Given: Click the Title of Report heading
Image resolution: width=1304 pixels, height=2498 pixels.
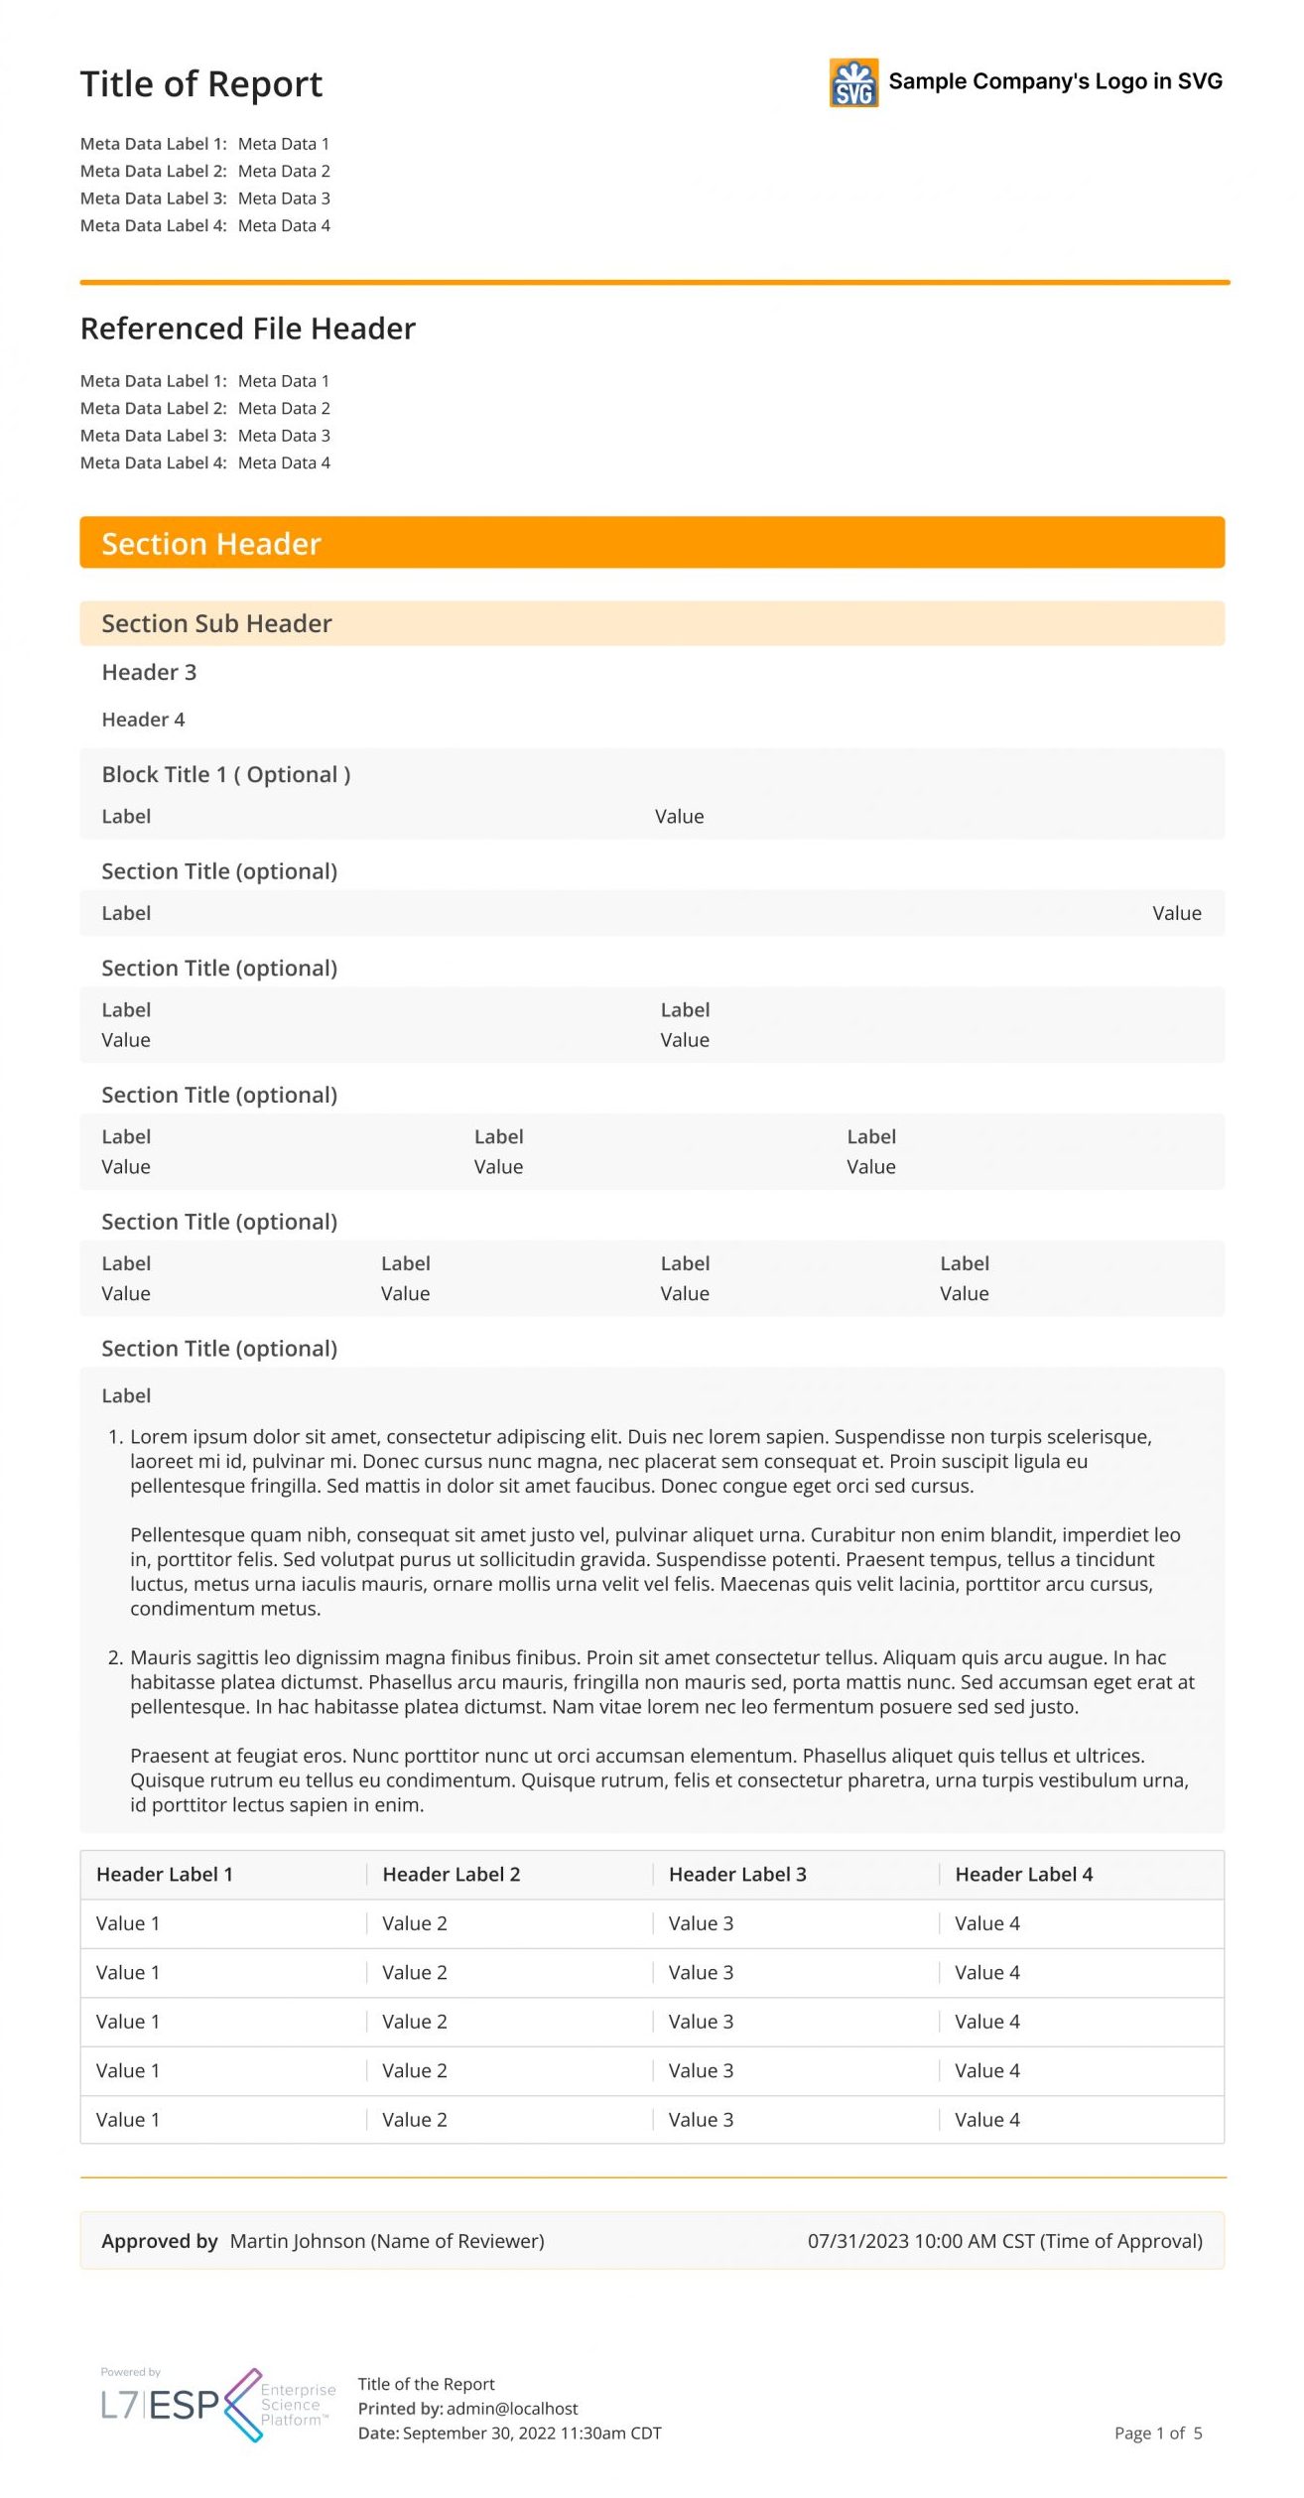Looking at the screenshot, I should coord(200,84).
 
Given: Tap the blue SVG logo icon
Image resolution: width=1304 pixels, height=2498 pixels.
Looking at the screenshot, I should coord(853,82).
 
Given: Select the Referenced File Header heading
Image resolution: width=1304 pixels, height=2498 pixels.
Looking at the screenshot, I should coord(247,329).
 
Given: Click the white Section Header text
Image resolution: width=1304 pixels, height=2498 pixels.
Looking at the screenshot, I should coord(210,544).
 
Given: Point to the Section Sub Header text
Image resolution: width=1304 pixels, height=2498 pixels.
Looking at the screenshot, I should coord(216,623).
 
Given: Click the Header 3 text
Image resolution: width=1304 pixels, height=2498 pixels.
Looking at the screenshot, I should coord(149,672).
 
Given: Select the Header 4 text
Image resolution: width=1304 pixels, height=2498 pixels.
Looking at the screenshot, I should coord(143,720).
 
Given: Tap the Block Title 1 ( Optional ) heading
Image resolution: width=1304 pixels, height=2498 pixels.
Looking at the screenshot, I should coord(225,774).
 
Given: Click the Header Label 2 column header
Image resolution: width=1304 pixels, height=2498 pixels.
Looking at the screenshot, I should coord(451,1874).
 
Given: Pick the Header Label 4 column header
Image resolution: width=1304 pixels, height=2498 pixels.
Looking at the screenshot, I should coord(1023,1874).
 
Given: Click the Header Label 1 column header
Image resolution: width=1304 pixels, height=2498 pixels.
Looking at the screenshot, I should coord(164,1874).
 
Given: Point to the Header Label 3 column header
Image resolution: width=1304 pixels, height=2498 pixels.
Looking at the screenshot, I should coord(737,1874).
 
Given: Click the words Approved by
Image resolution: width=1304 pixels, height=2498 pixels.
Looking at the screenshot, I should coord(159,2241).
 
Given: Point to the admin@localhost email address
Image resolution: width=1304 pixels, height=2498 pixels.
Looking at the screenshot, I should coord(512,2409).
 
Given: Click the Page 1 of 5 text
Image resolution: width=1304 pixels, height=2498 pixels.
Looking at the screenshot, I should coord(1157,2432).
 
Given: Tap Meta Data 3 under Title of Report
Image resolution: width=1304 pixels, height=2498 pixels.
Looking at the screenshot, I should coord(284,198).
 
